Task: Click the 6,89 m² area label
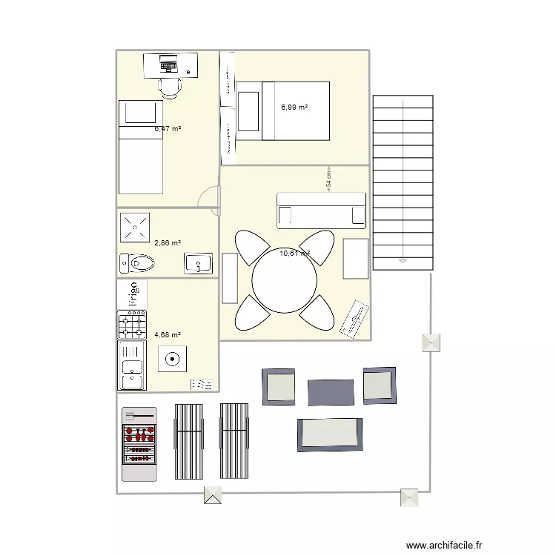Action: [x=294, y=107]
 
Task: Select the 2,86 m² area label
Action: [x=168, y=242]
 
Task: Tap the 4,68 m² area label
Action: [x=168, y=334]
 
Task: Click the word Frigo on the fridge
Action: [x=134, y=294]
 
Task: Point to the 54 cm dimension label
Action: [x=328, y=178]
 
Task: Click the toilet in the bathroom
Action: [x=139, y=263]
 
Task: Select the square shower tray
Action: [x=135, y=227]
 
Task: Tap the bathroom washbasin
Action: [x=198, y=263]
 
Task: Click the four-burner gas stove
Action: [x=132, y=325]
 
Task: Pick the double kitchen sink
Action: [x=132, y=365]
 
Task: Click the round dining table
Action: [x=284, y=280]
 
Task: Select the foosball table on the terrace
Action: [x=139, y=443]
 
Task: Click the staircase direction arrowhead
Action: [x=403, y=260]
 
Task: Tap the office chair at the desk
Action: [x=171, y=87]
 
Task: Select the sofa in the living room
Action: [x=322, y=210]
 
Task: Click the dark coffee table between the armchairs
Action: [x=329, y=393]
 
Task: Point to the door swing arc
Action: [x=211, y=199]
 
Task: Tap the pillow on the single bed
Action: [x=140, y=113]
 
